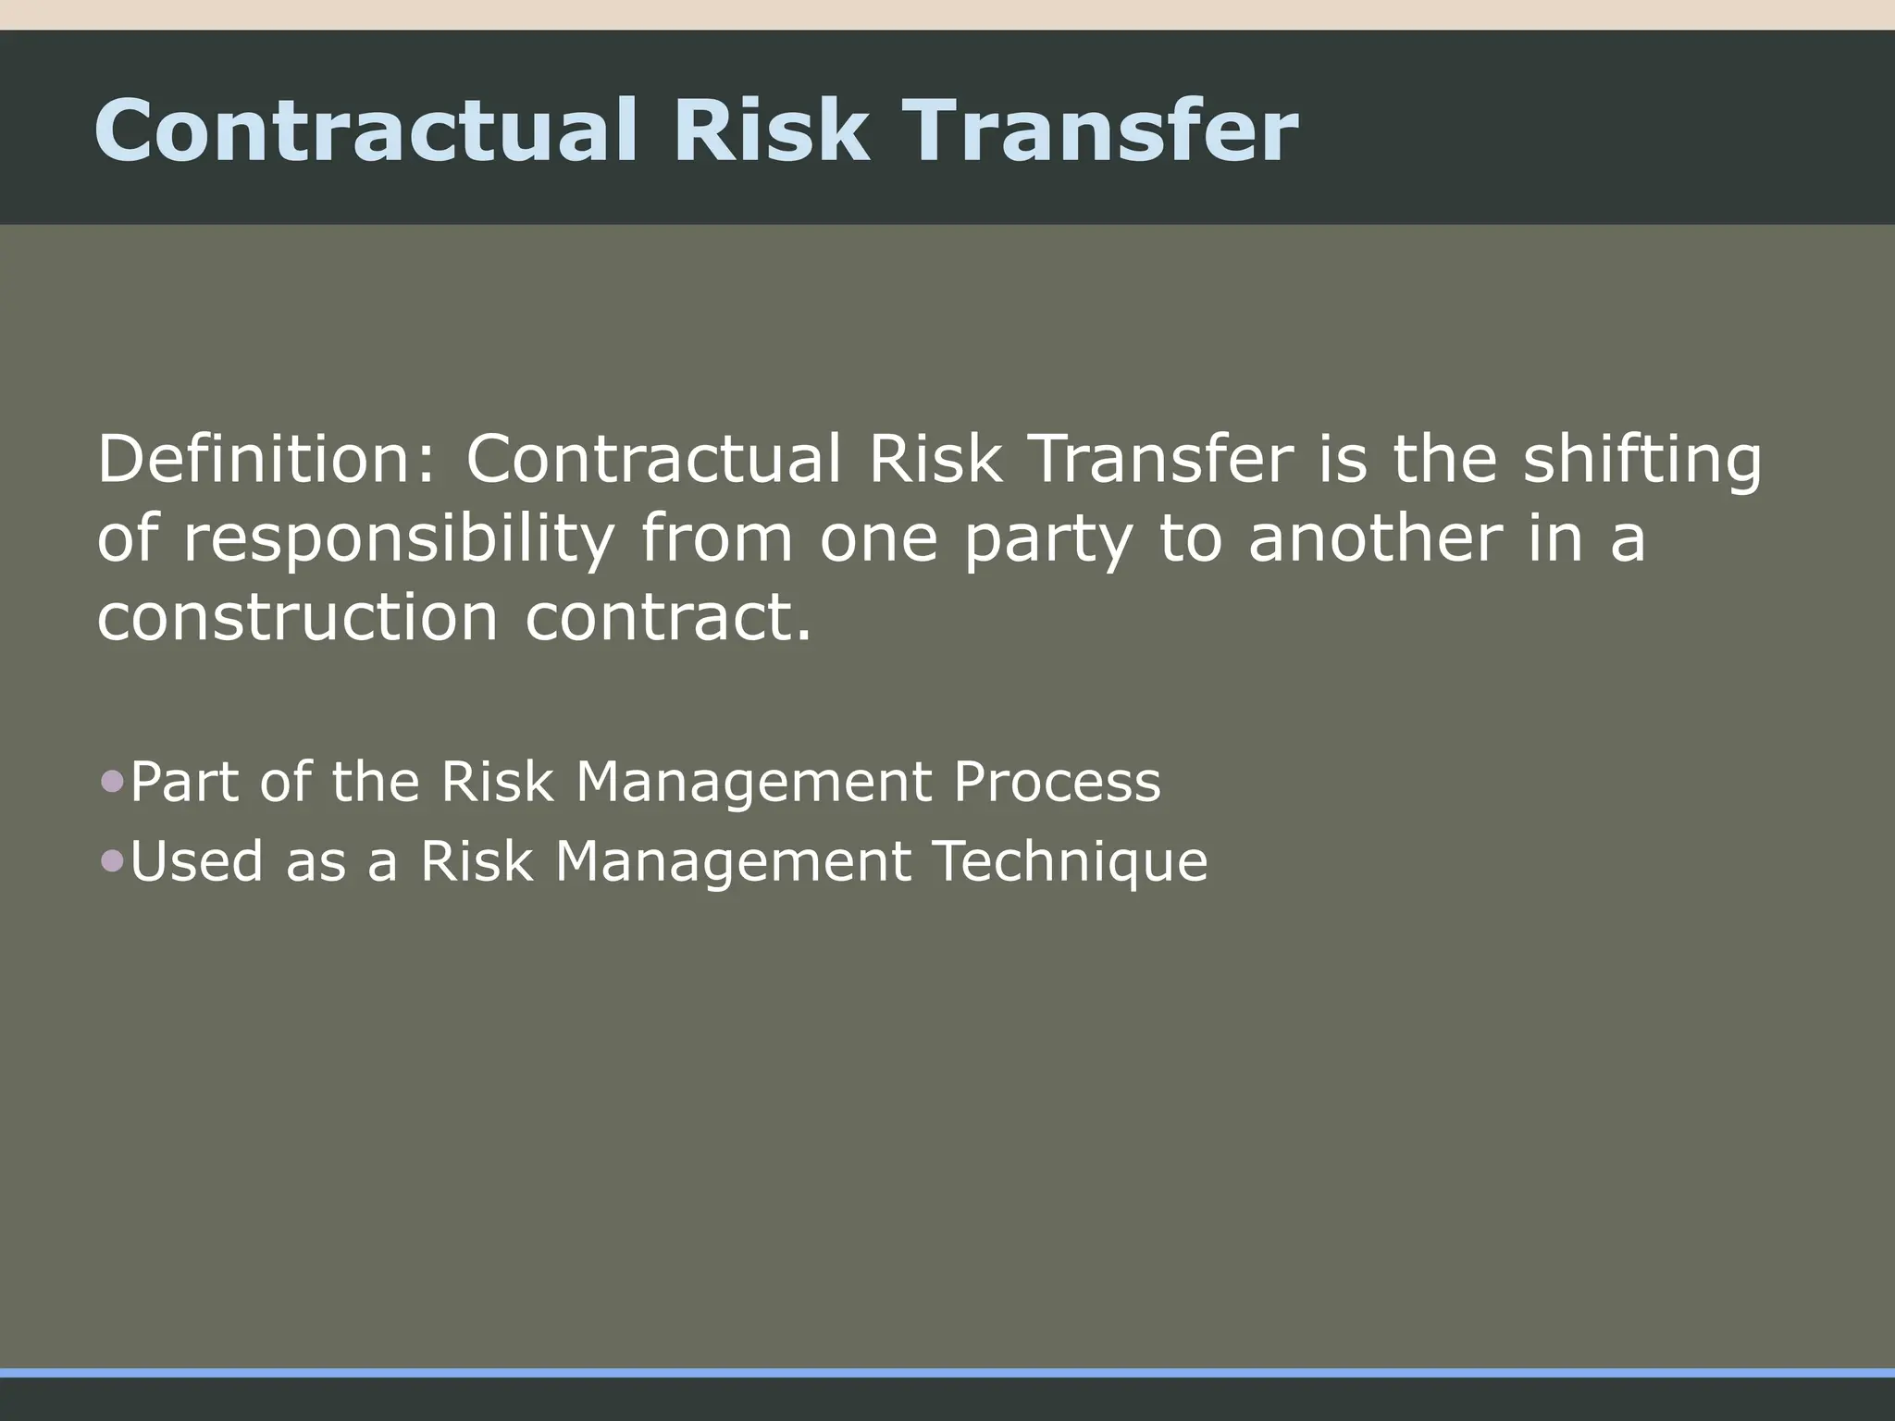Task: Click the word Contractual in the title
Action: pyautogui.click(x=365, y=130)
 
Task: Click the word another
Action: pyautogui.click(x=1375, y=538)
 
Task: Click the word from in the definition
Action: pyautogui.click(x=716, y=538)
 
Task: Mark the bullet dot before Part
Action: pyautogui.click(x=112, y=783)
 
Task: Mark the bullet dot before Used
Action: pyautogui.click(x=112, y=861)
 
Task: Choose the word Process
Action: pyautogui.click(x=1057, y=782)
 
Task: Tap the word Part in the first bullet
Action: pyautogui.click(x=186, y=782)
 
